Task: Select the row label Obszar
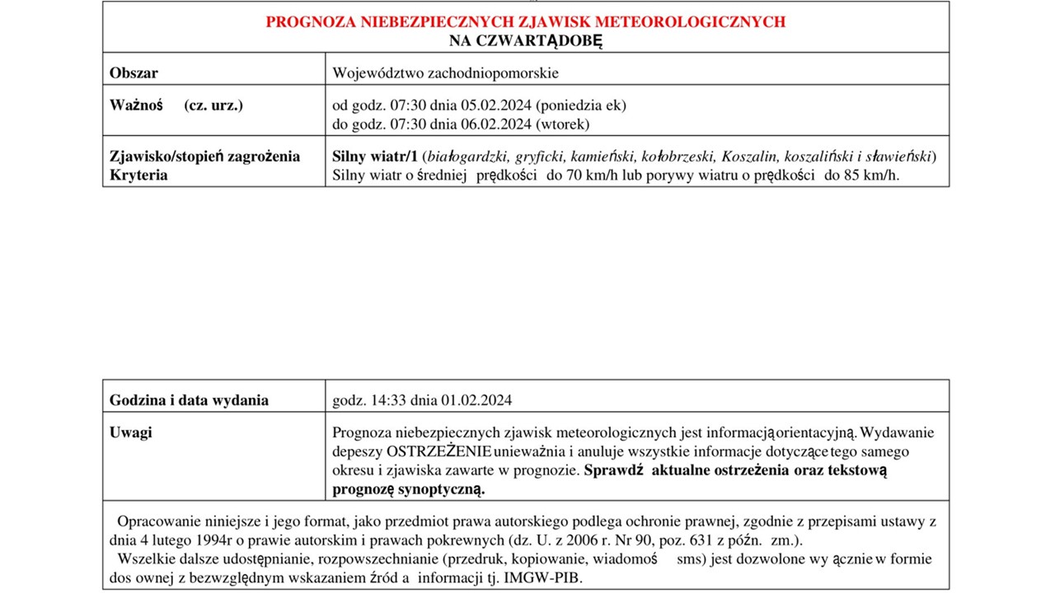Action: pos(134,72)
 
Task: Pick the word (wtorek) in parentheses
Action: pos(563,124)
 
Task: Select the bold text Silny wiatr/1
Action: pos(376,156)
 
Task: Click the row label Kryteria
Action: pos(138,175)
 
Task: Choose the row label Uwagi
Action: pos(131,432)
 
